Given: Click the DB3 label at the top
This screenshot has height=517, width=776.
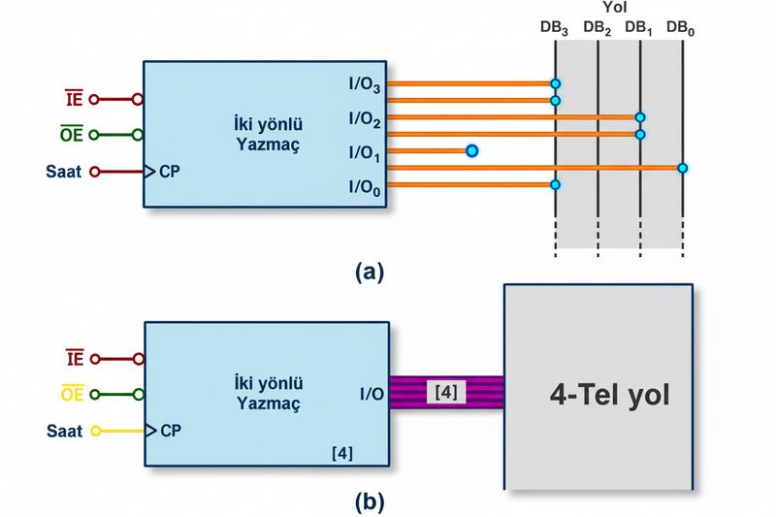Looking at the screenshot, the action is (554, 28).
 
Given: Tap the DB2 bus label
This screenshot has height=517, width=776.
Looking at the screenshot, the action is (597, 28).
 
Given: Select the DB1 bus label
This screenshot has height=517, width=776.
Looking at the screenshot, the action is (638, 28).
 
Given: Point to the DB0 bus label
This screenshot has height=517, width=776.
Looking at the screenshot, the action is (681, 28).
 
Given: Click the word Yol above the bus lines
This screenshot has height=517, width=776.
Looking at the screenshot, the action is (615, 7).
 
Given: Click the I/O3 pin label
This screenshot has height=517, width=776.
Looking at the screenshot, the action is (365, 84).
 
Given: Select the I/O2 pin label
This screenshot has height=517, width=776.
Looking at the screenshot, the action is (365, 119).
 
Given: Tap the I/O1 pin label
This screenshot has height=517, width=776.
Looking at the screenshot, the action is (365, 153).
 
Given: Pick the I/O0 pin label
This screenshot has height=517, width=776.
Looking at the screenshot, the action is (365, 187).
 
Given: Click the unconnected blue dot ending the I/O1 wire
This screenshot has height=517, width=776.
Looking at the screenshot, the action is (472, 150).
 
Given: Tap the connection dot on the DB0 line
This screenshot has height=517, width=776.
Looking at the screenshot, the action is (683, 168).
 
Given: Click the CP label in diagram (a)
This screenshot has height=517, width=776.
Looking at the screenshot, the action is (169, 172).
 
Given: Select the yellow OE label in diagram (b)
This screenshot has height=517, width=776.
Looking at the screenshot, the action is (72, 394).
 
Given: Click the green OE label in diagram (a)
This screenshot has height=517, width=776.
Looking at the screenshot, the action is (71, 134).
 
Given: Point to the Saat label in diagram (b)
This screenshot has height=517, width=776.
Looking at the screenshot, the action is (64, 431).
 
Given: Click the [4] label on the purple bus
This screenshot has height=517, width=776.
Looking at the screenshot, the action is (446, 392).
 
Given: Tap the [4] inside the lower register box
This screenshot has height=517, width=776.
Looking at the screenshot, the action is (342, 453).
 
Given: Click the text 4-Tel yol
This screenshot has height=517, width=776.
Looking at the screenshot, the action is (609, 395).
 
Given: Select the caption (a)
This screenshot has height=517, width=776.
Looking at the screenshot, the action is (370, 272).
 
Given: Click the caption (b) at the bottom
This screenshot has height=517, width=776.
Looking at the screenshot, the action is (370, 502).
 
